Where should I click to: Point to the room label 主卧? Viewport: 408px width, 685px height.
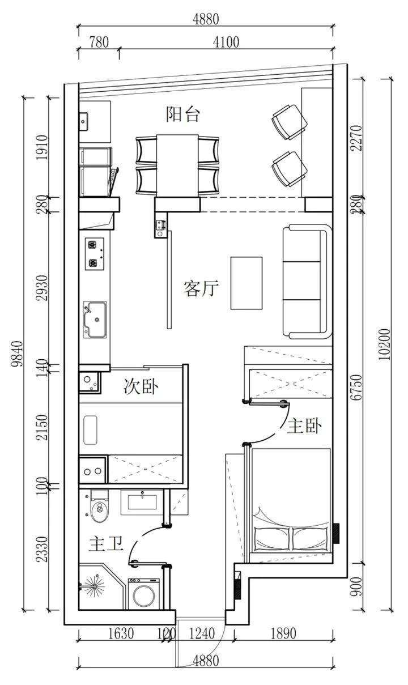click(x=304, y=426)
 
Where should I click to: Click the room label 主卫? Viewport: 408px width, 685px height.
click(x=105, y=544)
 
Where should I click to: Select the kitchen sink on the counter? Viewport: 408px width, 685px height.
click(x=95, y=320)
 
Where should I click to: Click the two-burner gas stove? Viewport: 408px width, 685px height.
click(x=94, y=254)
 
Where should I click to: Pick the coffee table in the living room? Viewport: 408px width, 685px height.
click(x=246, y=283)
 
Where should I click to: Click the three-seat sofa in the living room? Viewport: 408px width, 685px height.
click(x=307, y=282)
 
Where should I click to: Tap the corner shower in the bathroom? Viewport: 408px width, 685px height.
click(x=97, y=587)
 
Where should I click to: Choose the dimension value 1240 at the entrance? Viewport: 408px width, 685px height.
click(x=202, y=634)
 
